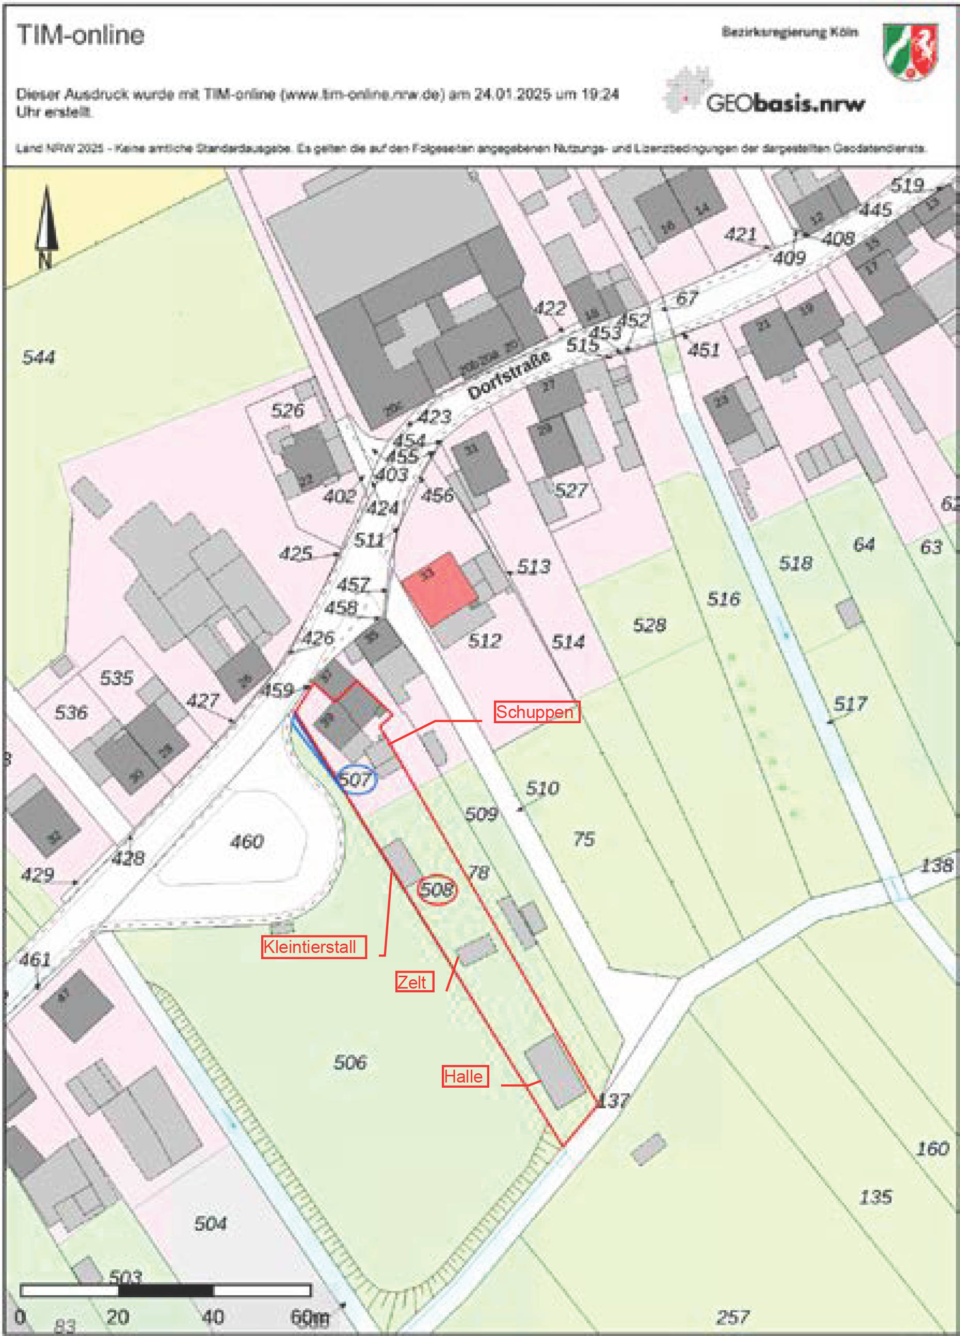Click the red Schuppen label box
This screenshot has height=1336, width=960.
click(x=536, y=711)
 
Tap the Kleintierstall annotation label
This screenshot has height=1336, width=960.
click(x=313, y=947)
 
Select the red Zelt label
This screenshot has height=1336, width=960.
click(x=414, y=982)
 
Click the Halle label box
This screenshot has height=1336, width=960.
click(x=465, y=1076)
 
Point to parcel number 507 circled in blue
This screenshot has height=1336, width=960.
click(x=356, y=780)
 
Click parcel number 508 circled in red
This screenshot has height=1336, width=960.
click(x=437, y=889)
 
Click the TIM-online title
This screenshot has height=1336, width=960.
click(x=81, y=35)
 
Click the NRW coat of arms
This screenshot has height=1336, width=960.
click(x=909, y=51)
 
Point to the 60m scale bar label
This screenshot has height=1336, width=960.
click(x=310, y=1316)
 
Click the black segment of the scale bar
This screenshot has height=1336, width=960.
click(x=166, y=1291)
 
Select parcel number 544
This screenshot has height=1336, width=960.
click(x=39, y=357)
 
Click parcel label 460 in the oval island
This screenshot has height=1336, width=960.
click(x=247, y=841)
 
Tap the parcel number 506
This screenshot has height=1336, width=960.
click(x=350, y=1062)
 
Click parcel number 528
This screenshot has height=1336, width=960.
click(x=649, y=625)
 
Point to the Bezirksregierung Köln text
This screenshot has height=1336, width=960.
click(x=789, y=32)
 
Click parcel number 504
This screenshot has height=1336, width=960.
click(x=210, y=1224)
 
